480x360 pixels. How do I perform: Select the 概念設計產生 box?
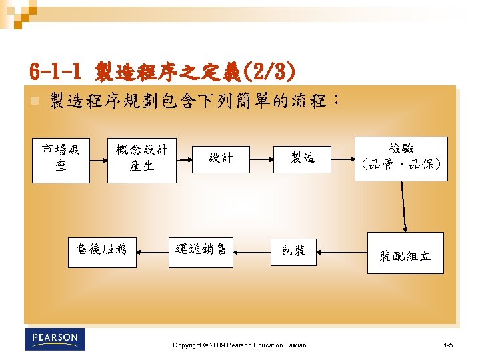(x=141, y=159)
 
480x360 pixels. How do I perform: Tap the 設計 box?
(x=221, y=159)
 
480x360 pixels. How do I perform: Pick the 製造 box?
(x=302, y=159)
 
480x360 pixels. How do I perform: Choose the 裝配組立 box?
(x=405, y=253)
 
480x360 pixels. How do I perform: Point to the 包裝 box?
(x=293, y=251)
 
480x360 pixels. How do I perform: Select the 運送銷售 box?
(x=201, y=251)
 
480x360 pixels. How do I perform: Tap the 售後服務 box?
(x=103, y=251)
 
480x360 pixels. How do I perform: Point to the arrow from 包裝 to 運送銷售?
(x=252, y=251)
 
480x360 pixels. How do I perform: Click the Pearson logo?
(x=55, y=339)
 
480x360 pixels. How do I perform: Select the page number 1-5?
(x=448, y=345)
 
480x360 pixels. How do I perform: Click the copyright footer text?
(x=239, y=345)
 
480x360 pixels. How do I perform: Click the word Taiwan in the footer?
(x=295, y=345)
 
